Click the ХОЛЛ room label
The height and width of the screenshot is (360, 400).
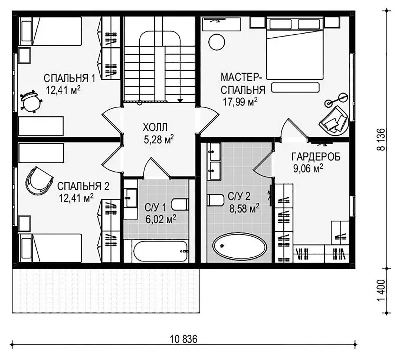pos(155,127)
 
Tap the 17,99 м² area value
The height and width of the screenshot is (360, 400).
pos(240,102)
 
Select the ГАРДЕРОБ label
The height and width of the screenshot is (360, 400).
pos(316,157)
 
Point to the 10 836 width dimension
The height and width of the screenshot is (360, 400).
pos(184,339)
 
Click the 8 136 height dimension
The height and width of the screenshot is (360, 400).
pos(381,140)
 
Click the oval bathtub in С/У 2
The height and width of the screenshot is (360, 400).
pos(240,245)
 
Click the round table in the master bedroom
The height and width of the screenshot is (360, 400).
pos(217,42)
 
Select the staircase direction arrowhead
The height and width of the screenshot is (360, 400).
pos(180,101)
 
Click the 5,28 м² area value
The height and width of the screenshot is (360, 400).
pos(159,139)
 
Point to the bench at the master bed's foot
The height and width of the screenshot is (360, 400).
pos(296,88)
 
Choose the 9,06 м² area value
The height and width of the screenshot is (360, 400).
pos(308,169)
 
